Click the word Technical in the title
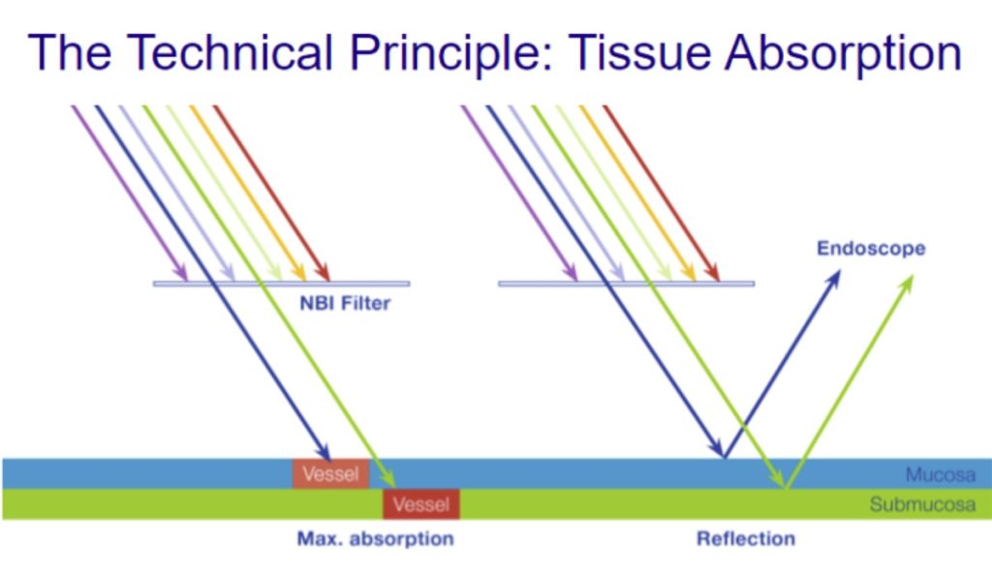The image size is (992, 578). (230, 52)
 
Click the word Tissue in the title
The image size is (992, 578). (639, 52)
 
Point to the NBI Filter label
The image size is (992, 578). (345, 304)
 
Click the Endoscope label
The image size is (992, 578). (871, 249)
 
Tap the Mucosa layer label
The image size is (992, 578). (940, 474)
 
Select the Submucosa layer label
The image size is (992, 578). (922, 504)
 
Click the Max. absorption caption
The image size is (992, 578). (375, 539)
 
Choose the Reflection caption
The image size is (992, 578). (746, 539)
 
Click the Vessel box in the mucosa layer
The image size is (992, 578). (330, 474)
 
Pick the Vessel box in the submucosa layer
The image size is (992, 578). (421, 504)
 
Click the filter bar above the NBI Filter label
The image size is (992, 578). (282, 284)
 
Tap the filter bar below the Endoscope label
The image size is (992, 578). (627, 284)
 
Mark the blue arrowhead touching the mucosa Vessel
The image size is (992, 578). (324, 451)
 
